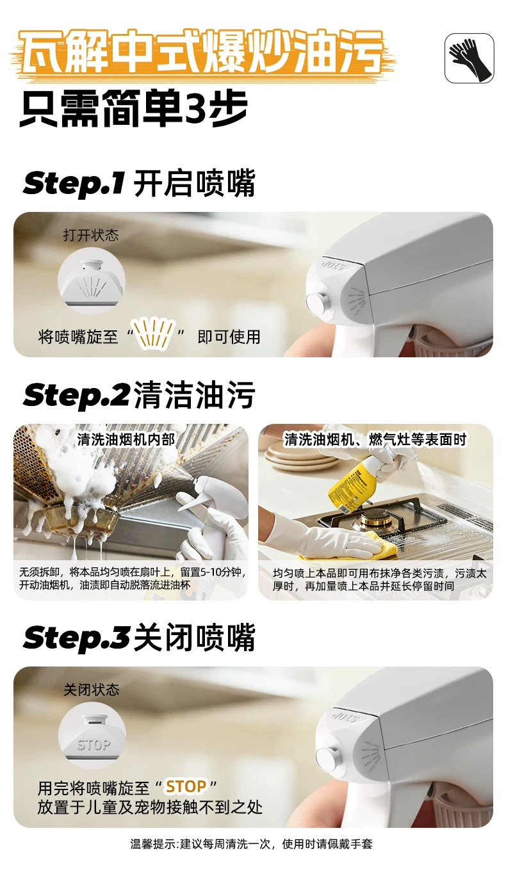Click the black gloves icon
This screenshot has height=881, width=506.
[x=469, y=58]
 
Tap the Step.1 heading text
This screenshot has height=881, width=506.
[x=139, y=184]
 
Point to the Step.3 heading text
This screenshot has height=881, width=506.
[x=139, y=638]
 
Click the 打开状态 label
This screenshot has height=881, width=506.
[x=91, y=235]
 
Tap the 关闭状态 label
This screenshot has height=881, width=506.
[x=92, y=690]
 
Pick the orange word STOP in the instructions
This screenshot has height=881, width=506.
[x=186, y=787]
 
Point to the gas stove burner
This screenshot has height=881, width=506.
[x=376, y=519]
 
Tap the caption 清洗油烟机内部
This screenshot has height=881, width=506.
[x=126, y=440]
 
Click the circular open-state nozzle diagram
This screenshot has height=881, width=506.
[x=92, y=280]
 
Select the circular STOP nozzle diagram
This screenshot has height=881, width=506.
[x=92, y=736]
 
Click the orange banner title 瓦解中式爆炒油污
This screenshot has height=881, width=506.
[x=202, y=53]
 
